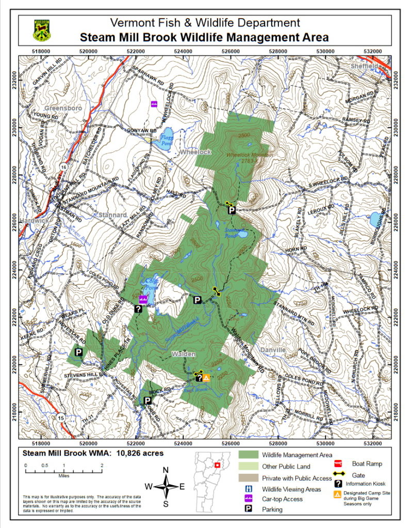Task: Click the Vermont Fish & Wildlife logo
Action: pos(42,30)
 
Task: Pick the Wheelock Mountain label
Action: pos(247,154)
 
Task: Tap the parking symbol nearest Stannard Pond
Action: pos(232,210)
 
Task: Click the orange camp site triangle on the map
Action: pos(206,378)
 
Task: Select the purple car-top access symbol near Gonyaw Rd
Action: pos(154,104)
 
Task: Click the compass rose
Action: pos(166,486)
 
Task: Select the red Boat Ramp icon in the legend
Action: pos(339,464)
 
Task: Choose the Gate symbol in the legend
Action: pos(339,474)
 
